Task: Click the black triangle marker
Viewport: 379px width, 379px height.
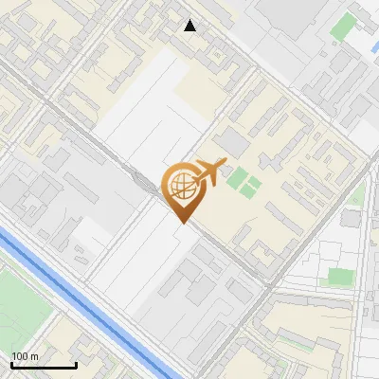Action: click(190, 26)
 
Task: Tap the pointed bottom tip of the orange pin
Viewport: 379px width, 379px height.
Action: click(181, 222)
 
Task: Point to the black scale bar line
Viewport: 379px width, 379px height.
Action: click(43, 365)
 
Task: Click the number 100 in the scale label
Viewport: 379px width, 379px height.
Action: click(20, 356)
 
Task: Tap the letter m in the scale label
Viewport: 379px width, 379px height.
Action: click(34, 356)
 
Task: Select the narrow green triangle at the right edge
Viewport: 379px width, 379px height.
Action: click(357, 195)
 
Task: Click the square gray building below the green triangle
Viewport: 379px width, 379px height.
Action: click(351, 217)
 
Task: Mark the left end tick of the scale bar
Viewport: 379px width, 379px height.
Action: click(11, 364)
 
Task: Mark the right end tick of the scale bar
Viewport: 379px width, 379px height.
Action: click(76, 364)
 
